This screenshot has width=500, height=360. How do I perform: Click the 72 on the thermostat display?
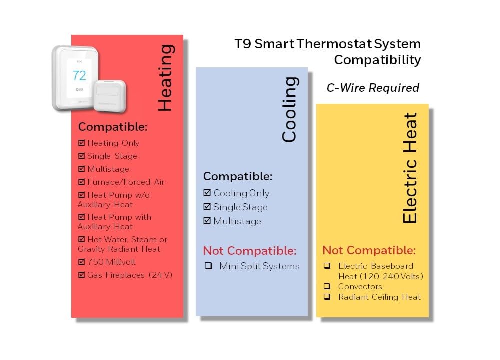[x=79, y=76]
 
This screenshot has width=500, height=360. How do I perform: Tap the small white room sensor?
[x=109, y=96]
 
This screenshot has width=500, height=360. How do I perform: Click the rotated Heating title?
[x=166, y=78]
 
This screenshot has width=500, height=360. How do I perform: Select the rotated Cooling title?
[x=290, y=109]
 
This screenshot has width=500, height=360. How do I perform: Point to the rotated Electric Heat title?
[x=410, y=167]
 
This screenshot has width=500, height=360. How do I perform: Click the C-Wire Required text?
[x=373, y=88]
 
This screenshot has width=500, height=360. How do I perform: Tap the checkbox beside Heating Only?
[x=81, y=143]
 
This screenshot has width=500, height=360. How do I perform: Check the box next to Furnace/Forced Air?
[x=81, y=182]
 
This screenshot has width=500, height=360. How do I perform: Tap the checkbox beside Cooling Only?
[x=207, y=193]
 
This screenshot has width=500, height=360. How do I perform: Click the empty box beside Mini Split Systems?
[x=209, y=266]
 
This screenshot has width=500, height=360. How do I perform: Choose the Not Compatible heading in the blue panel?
[x=250, y=251]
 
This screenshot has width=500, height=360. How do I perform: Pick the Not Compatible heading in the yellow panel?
[x=369, y=250]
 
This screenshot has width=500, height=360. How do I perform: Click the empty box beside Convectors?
[x=327, y=286]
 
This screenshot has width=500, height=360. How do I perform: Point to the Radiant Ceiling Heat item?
[x=380, y=297]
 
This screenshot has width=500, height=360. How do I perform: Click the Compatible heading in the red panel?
[x=113, y=127]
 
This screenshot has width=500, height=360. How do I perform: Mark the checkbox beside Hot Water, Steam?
[x=81, y=239]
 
